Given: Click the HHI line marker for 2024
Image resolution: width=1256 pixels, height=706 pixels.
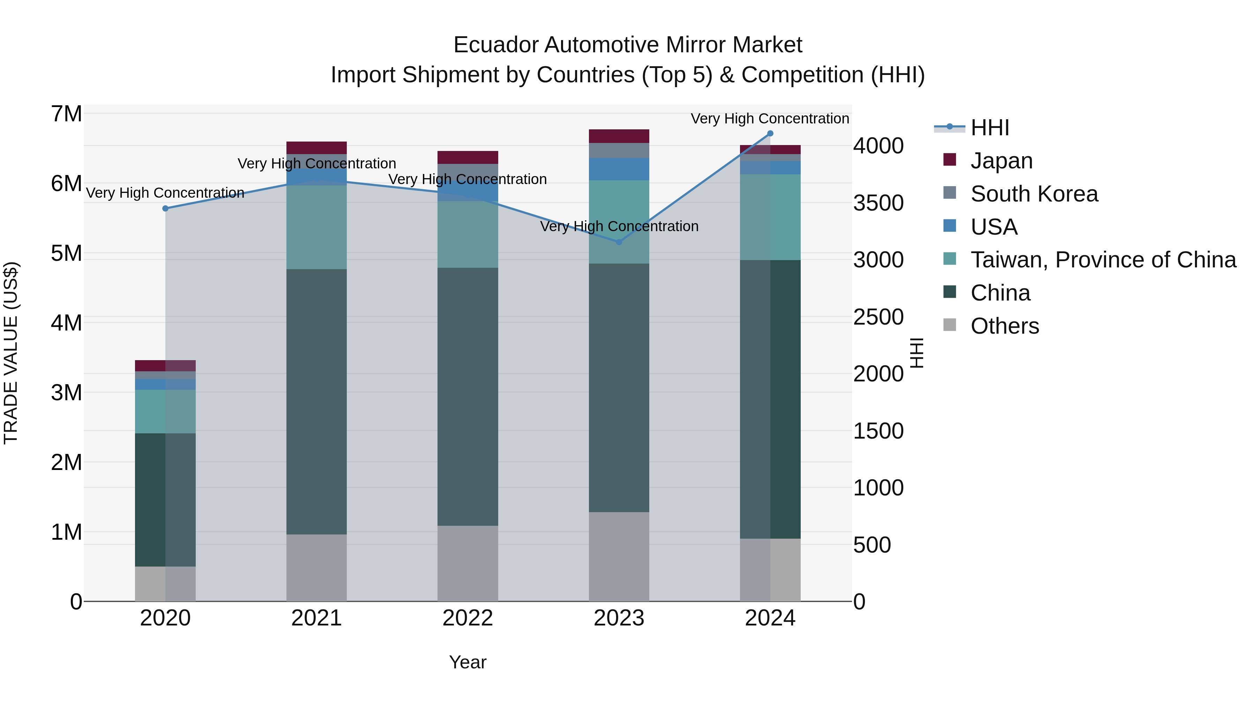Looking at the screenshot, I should point(770,134).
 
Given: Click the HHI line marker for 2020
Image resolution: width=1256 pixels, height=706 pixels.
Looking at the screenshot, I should point(165,208).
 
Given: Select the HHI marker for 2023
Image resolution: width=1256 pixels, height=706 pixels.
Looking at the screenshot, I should point(619,242).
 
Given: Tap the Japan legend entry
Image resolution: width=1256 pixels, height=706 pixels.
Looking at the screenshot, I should point(1001,161).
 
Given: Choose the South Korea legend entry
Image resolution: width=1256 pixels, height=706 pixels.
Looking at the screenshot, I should point(1034,194).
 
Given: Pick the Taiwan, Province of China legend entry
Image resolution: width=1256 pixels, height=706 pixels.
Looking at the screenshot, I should point(1103,260).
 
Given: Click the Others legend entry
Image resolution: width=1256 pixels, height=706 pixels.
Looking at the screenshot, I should point(1004,326).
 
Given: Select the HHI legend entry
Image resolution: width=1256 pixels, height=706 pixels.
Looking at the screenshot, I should point(990,128).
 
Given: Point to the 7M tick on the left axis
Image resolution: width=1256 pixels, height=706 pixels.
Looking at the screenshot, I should point(67,114).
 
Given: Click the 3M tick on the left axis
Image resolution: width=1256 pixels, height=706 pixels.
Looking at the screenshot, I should point(67,393).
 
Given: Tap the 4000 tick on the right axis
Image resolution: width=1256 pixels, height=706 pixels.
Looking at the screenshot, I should point(878,146).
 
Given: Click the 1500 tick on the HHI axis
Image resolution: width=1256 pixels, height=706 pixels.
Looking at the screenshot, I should point(878,431).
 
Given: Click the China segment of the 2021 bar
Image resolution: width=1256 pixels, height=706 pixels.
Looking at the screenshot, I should point(316,402).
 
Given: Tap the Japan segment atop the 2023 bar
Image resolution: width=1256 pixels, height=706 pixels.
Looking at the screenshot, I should point(619,136).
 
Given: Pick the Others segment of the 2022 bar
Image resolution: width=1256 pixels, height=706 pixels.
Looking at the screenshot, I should point(468,563).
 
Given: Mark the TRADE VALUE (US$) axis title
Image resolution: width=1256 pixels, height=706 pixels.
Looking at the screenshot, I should point(11,353).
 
